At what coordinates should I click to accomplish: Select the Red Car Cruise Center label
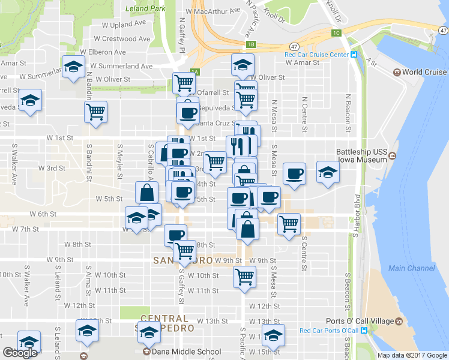click(x=317, y=55)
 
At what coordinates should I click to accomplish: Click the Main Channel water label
click(x=412, y=268)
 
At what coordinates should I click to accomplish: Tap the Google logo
click(x=20, y=353)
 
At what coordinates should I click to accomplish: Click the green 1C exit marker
click(x=337, y=32)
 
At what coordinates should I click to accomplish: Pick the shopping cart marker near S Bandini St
click(x=96, y=112)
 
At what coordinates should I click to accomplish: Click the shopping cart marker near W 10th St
click(x=244, y=276)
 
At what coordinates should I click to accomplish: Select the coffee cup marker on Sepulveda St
click(x=188, y=111)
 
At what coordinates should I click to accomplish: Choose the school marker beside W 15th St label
click(x=273, y=335)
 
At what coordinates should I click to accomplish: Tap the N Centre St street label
click(x=304, y=114)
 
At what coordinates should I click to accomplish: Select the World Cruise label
click(x=424, y=73)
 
